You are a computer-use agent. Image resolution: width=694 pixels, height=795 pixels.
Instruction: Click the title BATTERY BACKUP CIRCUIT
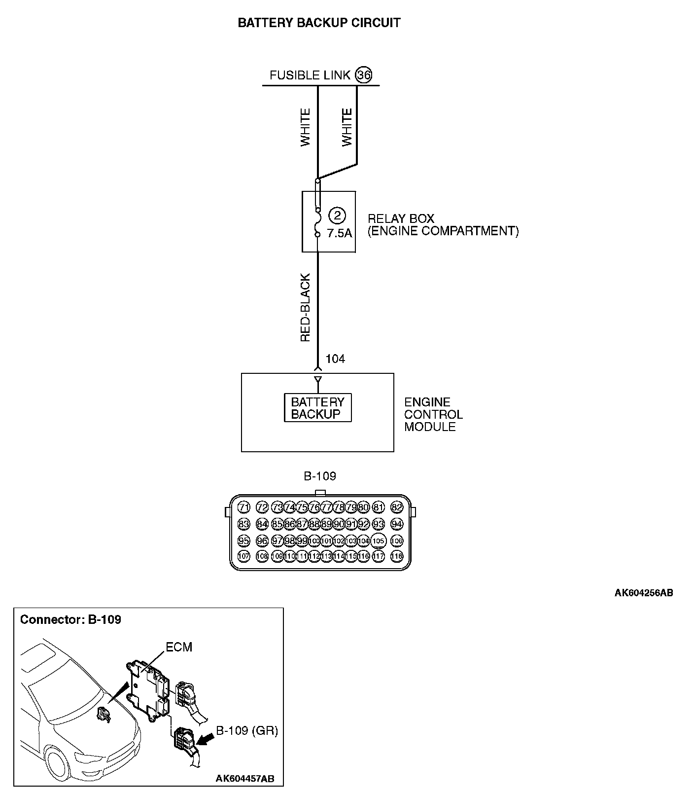point(319,23)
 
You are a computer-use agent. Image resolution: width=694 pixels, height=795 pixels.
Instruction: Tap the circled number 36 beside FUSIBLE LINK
point(364,75)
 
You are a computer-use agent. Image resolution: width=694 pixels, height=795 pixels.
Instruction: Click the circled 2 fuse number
point(337,216)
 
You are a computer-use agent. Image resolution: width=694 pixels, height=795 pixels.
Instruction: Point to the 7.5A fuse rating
point(340,233)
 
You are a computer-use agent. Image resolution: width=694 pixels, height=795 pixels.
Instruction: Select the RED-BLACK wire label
point(306,308)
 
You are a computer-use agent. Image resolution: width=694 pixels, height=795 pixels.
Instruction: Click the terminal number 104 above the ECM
point(335,359)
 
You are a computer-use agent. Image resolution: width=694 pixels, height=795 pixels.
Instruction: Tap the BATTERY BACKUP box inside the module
point(317,408)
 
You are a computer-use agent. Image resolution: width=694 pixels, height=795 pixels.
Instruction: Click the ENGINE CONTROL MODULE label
point(433,414)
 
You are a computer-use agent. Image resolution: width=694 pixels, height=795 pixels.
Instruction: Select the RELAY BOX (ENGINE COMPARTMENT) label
point(443,225)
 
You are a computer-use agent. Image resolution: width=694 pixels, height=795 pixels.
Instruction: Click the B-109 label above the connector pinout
point(319,476)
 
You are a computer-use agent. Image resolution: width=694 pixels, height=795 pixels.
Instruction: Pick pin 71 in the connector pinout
point(244,507)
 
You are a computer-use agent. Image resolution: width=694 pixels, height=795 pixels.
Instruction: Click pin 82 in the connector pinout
point(396,507)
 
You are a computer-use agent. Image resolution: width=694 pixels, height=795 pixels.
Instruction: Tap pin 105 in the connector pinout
point(378,541)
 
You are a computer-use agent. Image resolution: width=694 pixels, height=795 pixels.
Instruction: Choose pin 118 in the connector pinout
point(396,556)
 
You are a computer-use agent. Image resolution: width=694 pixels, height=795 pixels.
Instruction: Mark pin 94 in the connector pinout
point(396,524)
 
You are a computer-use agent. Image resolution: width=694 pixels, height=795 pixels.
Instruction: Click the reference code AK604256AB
point(643,593)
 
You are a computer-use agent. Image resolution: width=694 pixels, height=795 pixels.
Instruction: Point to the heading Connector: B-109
point(70,619)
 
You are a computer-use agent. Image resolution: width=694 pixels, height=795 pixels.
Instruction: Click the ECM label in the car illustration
point(179,647)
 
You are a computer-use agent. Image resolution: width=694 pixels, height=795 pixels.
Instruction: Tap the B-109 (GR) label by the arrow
point(247,731)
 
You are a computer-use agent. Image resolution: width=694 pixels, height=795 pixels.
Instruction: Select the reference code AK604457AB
point(245,779)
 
